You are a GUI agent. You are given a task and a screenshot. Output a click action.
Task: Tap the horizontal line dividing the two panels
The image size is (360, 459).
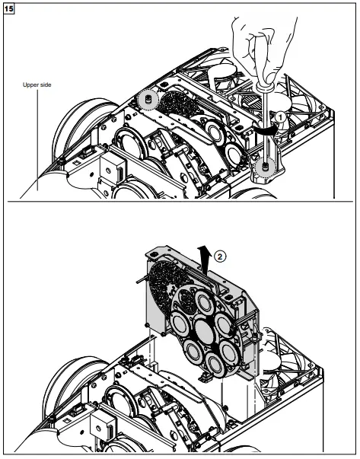pyautogui.click(x=180, y=202)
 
